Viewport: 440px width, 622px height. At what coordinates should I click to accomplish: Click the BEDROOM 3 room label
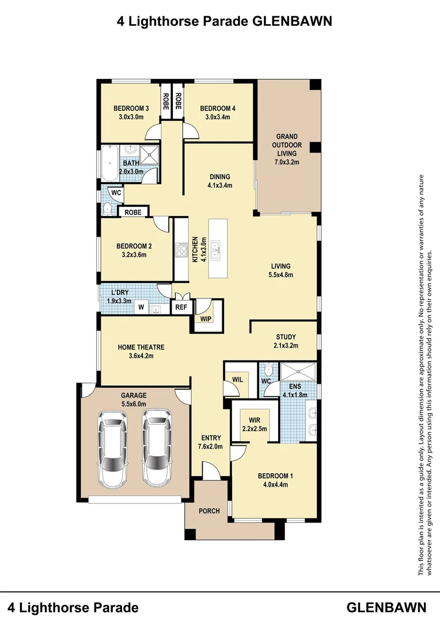[131, 108]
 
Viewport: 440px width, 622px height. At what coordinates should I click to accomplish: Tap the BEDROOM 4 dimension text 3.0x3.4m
[218, 117]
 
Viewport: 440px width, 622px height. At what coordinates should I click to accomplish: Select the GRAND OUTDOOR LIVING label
[287, 145]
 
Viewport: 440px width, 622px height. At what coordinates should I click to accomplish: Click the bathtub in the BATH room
[110, 164]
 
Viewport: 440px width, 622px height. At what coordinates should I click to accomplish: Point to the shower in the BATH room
[147, 154]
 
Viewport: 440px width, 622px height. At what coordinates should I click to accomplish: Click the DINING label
[220, 177]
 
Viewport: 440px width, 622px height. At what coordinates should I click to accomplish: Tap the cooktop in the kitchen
[181, 250]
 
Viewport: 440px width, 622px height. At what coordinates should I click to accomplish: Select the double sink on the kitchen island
[216, 250]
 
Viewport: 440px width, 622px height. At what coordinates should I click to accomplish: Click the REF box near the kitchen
[181, 308]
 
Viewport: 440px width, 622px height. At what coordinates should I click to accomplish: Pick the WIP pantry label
[206, 319]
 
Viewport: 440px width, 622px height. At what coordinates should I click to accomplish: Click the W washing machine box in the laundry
[141, 307]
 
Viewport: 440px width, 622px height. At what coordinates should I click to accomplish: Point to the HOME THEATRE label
[141, 347]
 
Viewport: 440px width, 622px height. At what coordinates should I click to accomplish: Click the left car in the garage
[113, 449]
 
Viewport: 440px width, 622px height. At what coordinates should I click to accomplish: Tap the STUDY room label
[286, 337]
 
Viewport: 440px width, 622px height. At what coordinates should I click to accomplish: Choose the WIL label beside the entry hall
[237, 380]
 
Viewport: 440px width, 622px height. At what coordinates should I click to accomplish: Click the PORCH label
[209, 511]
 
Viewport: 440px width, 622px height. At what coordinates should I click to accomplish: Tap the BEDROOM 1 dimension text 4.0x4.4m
[275, 484]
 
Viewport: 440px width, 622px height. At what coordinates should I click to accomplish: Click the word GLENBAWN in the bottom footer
[386, 608]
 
